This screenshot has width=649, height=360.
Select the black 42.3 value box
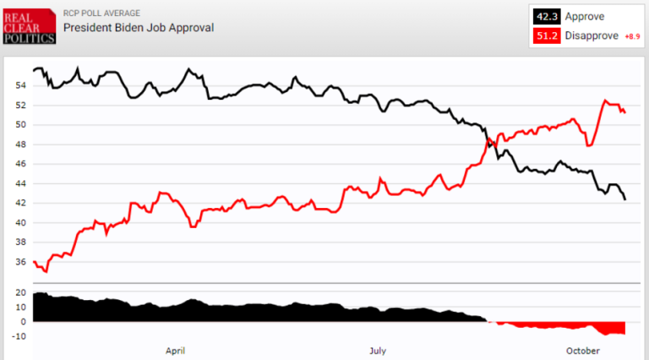coord(544,16)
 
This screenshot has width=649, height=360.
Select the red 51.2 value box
coord(544,36)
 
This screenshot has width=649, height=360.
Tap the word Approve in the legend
coord(584,16)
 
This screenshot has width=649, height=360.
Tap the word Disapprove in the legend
coord(591,36)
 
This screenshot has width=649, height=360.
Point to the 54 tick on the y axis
coord(21,86)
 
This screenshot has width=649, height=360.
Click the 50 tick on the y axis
coord(21,125)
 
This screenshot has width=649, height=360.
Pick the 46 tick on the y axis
coord(21,164)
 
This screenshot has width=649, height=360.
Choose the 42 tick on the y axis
coord(21,204)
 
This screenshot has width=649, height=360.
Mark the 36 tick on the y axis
coord(21,262)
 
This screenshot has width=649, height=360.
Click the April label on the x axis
coord(175,350)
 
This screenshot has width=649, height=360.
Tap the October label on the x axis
coord(582,350)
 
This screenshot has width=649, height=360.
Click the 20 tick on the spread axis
coord(21,292)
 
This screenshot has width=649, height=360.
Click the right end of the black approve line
coord(625,199)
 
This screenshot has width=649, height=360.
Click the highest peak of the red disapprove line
coord(605,101)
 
